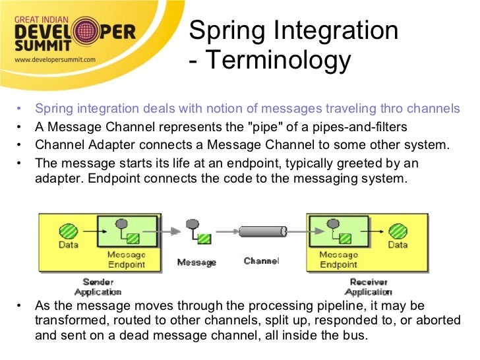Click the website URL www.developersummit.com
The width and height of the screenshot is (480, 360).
(x=55, y=59)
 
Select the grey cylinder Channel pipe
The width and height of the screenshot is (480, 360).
(x=262, y=231)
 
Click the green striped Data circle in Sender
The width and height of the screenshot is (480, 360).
(x=69, y=231)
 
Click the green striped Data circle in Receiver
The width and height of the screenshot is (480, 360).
(x=397, y=231)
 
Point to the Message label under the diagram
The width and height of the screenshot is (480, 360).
(x=196, y=262)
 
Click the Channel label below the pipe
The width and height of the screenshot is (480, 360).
(x=261, y=261)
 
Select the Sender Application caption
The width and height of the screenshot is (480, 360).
(x=98, y=286)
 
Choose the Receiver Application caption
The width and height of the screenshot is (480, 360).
(x=369, y=286)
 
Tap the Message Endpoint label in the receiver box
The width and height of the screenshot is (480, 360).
(x=338, y=259)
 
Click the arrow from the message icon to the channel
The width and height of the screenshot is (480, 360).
(x=225, y=231)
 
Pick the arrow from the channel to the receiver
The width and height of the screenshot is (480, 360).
(x=297, y=231)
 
